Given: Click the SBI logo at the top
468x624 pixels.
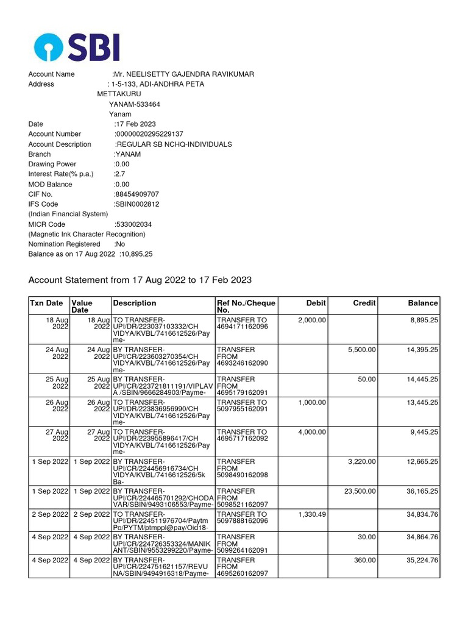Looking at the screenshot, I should click(x=77, y=46).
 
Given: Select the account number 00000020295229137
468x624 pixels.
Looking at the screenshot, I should click(x=149, y=134).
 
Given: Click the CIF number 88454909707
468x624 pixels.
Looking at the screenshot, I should click(x=137, y=194).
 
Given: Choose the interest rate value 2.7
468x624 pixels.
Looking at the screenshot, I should click(x=120, y=174).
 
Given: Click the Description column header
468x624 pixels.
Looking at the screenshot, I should click(x=135, y=303).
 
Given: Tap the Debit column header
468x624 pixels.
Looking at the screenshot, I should click(x=316, y=303).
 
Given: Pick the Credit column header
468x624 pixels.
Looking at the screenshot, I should click(x=364, y=303).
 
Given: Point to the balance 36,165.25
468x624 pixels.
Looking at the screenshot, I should click(x=420, y=491).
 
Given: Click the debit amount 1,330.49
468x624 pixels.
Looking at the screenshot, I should click(x=313, y=514).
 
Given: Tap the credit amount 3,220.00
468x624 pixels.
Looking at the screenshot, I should click(x=362, y=461).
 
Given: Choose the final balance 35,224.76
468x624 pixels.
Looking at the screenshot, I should click(x=420, y=560).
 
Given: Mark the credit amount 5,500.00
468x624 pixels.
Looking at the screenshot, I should click(x=362, y=350).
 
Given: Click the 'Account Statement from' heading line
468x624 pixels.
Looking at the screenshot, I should click(x=140, y=280).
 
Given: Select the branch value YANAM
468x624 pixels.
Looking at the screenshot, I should click(x=128, y=154).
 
